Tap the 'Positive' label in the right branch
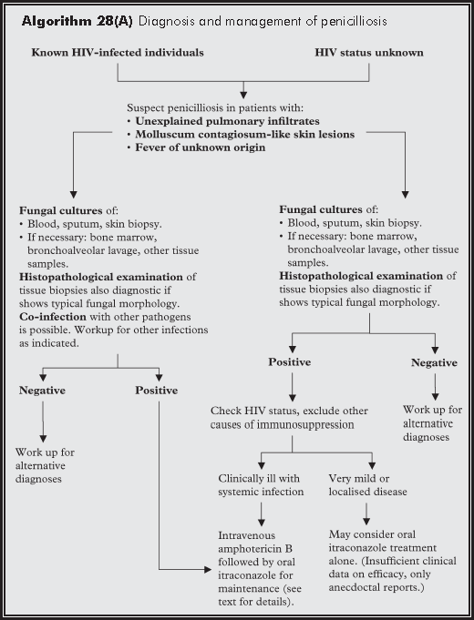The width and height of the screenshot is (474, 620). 289,362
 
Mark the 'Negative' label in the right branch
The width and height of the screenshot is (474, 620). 434,362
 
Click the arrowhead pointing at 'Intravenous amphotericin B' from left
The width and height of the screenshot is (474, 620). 210,568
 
